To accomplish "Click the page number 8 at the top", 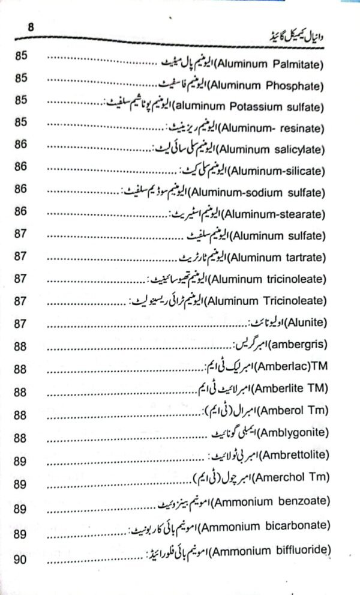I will (x=16, y=27).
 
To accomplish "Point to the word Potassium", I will (x=269, y=107).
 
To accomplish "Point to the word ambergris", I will (x=301, y=345).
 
